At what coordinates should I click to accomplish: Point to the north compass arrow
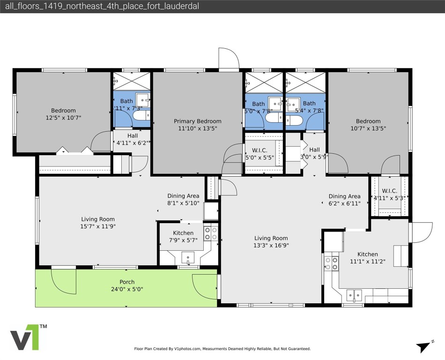[x=423, y=346]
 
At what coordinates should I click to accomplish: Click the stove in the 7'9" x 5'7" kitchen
[x=211, y=233]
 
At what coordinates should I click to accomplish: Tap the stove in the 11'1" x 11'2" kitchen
[x=332, y=263]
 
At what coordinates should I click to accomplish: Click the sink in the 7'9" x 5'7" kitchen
[x=188, y=257]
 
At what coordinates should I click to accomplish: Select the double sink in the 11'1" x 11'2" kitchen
[x=354, y=294]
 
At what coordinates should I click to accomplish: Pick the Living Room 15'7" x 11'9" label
[x=98, y=223]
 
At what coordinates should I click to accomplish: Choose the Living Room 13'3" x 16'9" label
[x=271, y=241]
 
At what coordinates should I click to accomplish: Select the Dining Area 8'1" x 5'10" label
[x=183, y=199]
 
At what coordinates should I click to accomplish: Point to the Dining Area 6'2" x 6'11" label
[x=344, y=200]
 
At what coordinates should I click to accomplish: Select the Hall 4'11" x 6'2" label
[x=132, y=139]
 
